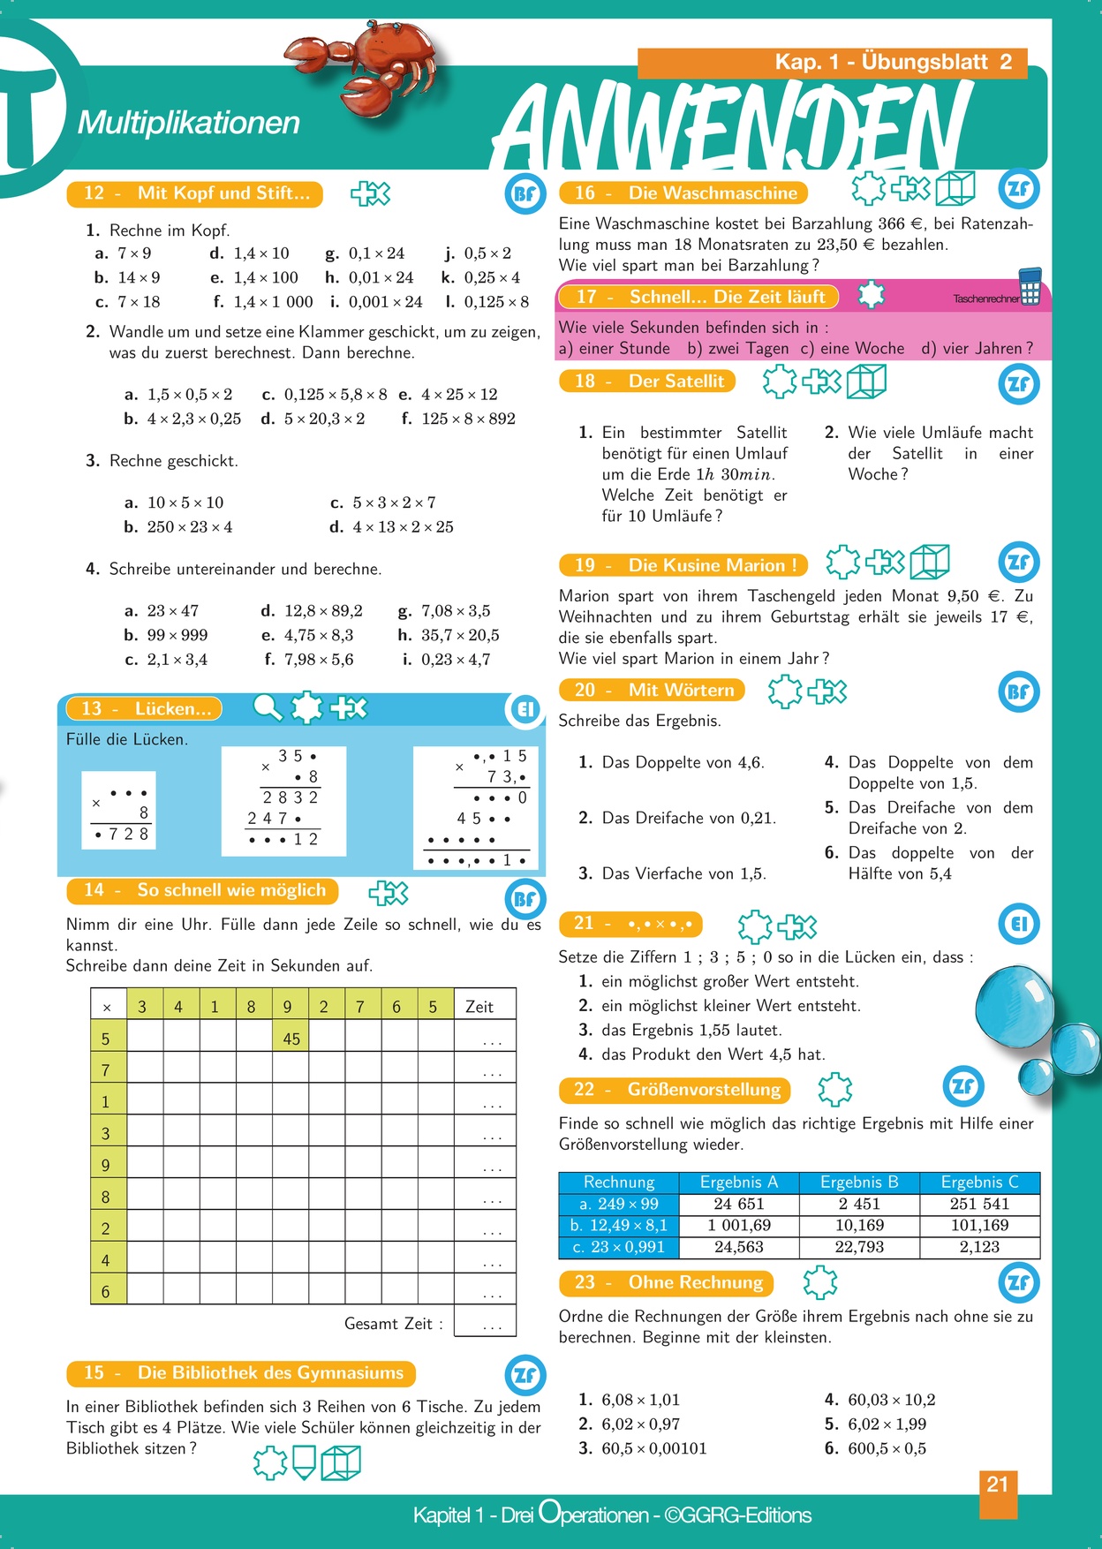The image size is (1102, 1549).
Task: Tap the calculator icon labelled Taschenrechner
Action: click(1030, 287)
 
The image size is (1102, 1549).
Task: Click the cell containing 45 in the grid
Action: click(291, 1039)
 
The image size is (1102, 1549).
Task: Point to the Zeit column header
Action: click(479, 1007)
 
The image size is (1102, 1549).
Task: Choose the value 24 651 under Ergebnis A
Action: click(739, 1204)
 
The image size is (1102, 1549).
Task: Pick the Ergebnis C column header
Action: click(979, 1182)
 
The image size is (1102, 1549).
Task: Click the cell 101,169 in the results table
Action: click(979, 1225)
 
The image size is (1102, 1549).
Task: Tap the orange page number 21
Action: click(998, 1485)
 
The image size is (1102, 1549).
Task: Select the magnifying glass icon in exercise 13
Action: click(268, 707)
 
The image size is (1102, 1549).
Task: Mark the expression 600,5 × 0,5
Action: click(887, 1448)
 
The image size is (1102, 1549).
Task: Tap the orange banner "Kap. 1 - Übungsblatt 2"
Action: click(832, 62)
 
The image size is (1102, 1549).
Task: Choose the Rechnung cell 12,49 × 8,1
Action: click(618, 1225)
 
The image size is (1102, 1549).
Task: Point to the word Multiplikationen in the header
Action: click(189, 123)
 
